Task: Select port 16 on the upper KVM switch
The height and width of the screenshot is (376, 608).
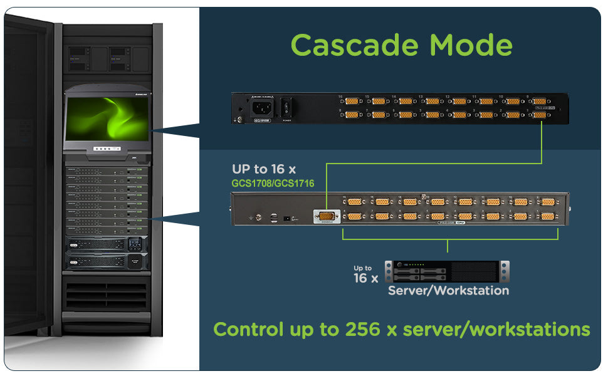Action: click(352, 101)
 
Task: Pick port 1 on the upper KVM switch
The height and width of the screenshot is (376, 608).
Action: click(542, 115)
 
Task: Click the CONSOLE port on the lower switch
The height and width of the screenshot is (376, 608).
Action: click(326, 217)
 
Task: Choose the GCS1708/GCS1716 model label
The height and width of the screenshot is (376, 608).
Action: click(273, 184)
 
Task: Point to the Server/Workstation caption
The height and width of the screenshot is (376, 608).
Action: click(448, 291)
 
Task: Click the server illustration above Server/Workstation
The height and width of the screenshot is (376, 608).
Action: click(447, 271)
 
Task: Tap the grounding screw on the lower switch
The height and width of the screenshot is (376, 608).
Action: click(252, 217)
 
